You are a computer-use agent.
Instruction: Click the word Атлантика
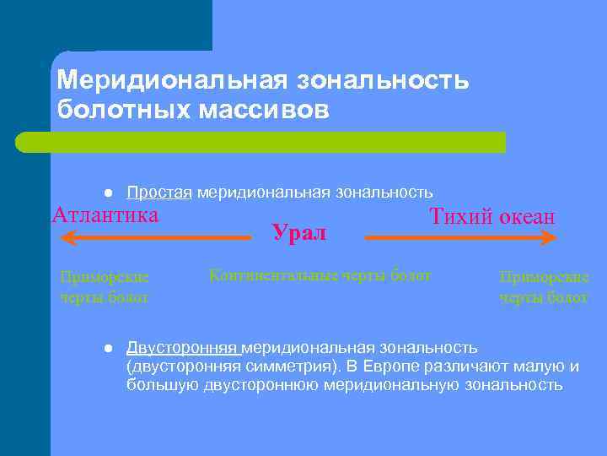(x=105, y=214)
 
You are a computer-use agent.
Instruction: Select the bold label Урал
(x=298, y=232)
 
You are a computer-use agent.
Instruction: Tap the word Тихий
(x=462, y=216)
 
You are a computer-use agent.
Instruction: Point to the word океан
(x=527, y=217)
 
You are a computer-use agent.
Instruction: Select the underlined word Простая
(x=160, y=193)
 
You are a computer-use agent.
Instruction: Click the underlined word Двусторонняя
(x=184, y=348)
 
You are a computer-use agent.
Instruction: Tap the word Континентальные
(x=261, y=275)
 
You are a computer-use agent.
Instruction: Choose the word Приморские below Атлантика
(x=105, y=276)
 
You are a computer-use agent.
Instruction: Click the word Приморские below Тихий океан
(x=544, y=276)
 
